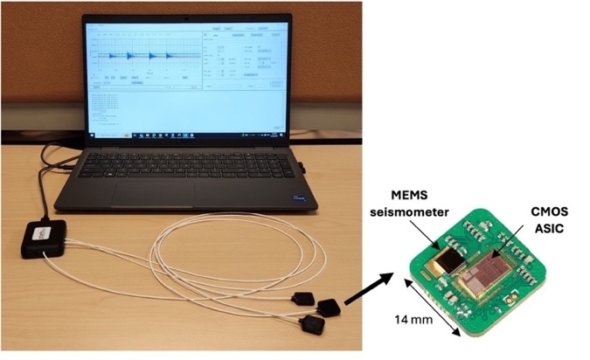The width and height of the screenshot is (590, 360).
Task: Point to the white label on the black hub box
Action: point(40,234)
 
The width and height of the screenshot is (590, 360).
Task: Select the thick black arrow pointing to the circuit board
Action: point(367,289)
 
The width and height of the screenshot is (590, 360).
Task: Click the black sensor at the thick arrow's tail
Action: point(330,307)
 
